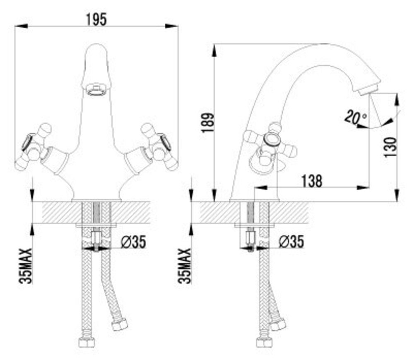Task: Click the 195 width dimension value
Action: [96, 19]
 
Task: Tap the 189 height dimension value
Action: [207, 123]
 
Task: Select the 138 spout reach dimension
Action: [312, 181]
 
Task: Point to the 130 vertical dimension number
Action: [390, 147]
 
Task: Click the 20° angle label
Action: [355, 117]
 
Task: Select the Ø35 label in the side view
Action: [291, 241]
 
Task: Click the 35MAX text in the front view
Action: [25, 266]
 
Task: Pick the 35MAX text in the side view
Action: [184, 266]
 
